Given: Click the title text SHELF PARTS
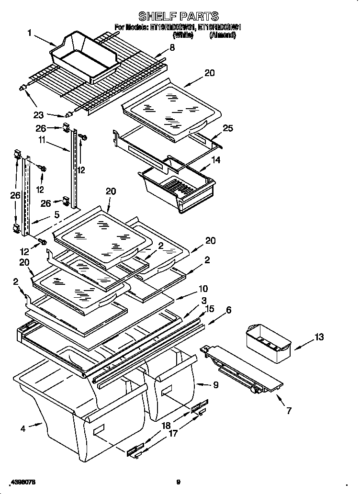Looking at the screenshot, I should coord(178,16).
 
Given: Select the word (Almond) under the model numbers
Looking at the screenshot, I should coord(223,35).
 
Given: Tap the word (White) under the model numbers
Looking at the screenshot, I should coord(182,35).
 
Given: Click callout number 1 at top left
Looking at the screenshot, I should coord(30,33).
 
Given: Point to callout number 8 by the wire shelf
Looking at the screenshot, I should coord(172,47).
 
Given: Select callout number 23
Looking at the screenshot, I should coord(39,114).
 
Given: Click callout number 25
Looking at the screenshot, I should coord(228,128).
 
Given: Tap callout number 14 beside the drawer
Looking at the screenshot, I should coord(216,160).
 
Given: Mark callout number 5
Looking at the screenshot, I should coord(56,215).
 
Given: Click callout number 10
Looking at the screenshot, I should coord(203,289).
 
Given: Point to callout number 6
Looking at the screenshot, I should coord(228,310).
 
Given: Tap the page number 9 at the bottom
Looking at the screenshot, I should coord(178,482).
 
